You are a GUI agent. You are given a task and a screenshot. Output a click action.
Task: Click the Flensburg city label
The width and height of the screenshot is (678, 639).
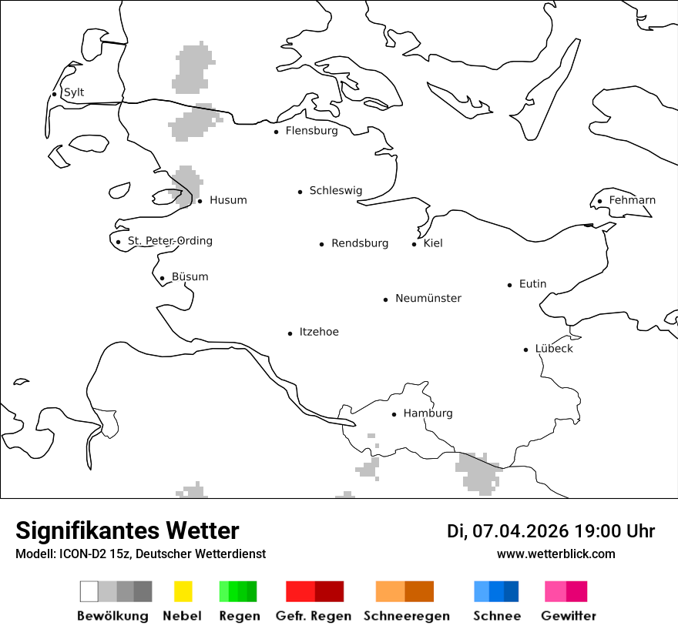coord(311,131)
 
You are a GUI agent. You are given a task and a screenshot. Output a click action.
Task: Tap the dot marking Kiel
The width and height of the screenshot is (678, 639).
coord(415,244)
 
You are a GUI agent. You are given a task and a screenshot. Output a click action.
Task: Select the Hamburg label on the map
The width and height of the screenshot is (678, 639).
coord(428,413)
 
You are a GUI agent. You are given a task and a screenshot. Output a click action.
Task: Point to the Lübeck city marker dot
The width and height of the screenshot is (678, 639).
coord(526,350)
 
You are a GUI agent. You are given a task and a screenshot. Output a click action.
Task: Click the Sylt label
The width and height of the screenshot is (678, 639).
coord(74,92)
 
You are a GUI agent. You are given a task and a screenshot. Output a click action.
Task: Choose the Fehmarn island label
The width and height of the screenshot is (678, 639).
coord(632,200)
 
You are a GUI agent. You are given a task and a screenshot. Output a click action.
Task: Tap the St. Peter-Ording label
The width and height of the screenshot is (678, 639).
coord(169,241)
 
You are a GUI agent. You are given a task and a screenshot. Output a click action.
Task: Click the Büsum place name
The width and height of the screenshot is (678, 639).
coord(190,277)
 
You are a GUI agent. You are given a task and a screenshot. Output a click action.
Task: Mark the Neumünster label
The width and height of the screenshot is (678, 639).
coord(428,298)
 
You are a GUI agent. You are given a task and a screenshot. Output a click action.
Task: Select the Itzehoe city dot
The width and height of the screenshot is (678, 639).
coord(290,333)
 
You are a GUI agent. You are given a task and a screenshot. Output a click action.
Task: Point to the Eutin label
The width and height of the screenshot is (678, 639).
coord(532,284)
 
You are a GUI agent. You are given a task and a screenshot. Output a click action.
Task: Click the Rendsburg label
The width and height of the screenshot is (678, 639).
coord(360,243)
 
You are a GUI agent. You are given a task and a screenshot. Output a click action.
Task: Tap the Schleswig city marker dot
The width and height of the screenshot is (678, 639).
coord(300,192)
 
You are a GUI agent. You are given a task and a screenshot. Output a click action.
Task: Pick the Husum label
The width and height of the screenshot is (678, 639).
coord(228,200)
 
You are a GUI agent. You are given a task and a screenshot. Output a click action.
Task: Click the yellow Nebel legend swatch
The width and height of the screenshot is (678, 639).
coord(183,591)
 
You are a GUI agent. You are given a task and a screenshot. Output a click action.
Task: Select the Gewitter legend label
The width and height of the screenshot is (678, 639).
coord(569,616)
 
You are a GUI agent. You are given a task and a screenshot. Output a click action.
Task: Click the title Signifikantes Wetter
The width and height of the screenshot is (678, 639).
coord(127,530)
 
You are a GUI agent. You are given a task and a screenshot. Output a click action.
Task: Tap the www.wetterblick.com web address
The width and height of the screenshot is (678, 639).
coord(556,554)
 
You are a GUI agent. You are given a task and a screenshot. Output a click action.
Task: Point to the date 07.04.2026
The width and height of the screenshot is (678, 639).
coord(520,531)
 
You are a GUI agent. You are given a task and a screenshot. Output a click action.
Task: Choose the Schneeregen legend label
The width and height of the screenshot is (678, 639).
coord(407,616)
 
